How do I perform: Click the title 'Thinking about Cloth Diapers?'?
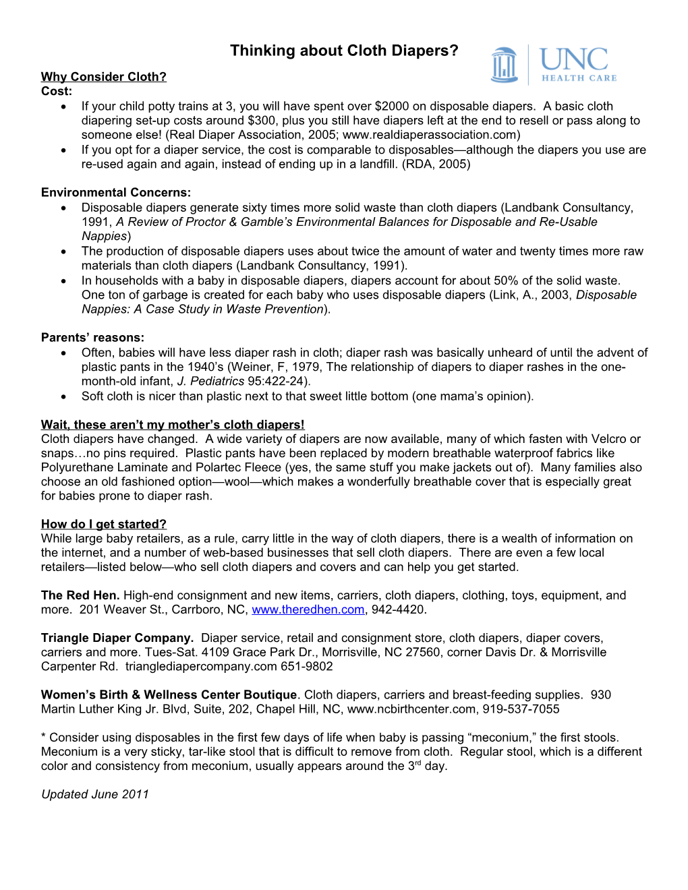[x=344, y=51]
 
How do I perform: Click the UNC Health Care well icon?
[x=504, y=65]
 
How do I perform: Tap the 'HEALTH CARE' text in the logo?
[x=579, y=78]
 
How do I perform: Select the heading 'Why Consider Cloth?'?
[x=103, y=77]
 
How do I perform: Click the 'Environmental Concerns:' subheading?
[x=116, y=193]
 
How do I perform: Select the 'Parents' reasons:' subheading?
[x=92, y=338]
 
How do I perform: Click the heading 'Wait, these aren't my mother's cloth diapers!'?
[x=173, y=425]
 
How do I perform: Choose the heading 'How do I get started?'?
[x=103, y=525]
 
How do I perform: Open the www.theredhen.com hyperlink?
[x=308, y=610]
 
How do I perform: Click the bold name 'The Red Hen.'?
[x=80, y=595]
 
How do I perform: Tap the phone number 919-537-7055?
[x=521, y=709]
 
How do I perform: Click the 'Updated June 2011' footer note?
[x=95, y=794]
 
